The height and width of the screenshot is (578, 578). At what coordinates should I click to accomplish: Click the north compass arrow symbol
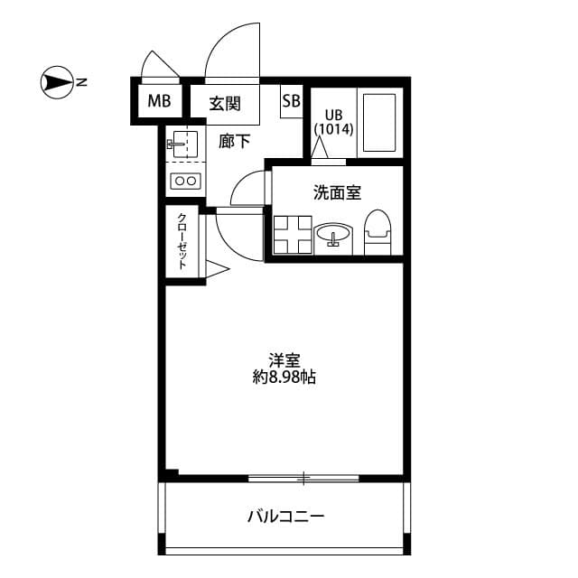(x=55, y=83)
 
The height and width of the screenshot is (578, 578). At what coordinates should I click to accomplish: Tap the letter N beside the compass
(x=81, y=83)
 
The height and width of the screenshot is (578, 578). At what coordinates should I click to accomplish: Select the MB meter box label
(x=159, y=101)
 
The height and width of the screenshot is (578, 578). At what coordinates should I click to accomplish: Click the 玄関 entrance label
(x=225, y=103)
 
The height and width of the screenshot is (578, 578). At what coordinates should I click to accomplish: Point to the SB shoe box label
(x=291, y=101)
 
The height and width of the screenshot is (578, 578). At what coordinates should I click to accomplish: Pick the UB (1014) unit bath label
(x=333, y=122)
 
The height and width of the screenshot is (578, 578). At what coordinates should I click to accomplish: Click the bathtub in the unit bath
(x=379, y=122)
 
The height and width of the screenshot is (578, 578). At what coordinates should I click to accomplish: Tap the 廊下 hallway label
(x=234, y=140)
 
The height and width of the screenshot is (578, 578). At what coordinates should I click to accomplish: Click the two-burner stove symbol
(x=186, y=181)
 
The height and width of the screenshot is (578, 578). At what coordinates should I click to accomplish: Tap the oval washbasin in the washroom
(x=333, y=237)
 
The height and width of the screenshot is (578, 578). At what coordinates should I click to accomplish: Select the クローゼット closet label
(x=182, y=241)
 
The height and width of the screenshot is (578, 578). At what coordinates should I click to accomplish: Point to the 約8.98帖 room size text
(x=284, y=378)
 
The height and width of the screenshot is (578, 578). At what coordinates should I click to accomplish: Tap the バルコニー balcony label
(x=285, y=517)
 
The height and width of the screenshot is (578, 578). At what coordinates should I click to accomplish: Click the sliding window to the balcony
(x=303, y=477)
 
